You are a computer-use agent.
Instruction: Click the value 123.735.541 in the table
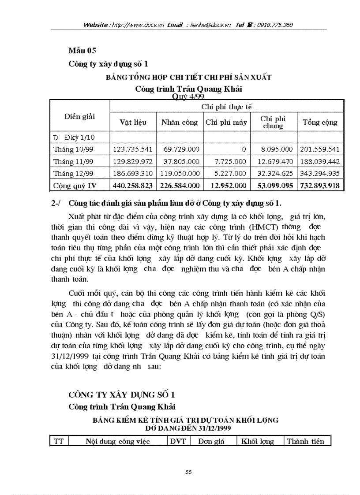tap(133, 150)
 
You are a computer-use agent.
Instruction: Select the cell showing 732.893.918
tap(319, 186)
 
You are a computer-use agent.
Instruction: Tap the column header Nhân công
tap(179, 123)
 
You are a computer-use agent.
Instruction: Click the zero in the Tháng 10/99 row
tap(244, 150)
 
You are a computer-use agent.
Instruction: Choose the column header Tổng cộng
tap(319, 123)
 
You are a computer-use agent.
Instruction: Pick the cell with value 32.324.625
tap(274, 174)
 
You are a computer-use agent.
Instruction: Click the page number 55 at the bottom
tap(188, 472)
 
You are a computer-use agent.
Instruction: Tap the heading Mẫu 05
tap(82, 50)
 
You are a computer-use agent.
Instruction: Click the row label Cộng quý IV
tap(75, 186)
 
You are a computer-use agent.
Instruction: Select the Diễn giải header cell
tap(79, 117)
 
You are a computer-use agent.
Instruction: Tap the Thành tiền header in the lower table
tap(305, 441)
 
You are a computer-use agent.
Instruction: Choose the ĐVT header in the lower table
tap(178, 441)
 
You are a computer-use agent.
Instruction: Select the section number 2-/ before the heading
tap(56, 203)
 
